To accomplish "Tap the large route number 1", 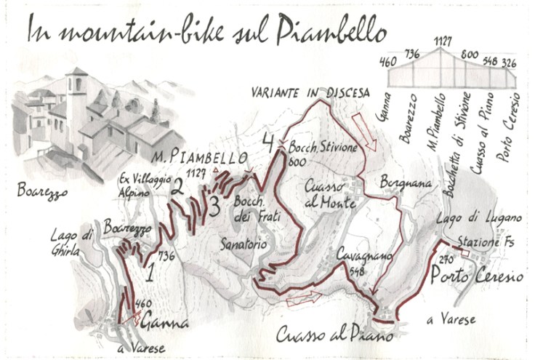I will point(150,274).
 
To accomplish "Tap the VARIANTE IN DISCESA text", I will point(310,93).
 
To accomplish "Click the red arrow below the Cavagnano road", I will point(303,298).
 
